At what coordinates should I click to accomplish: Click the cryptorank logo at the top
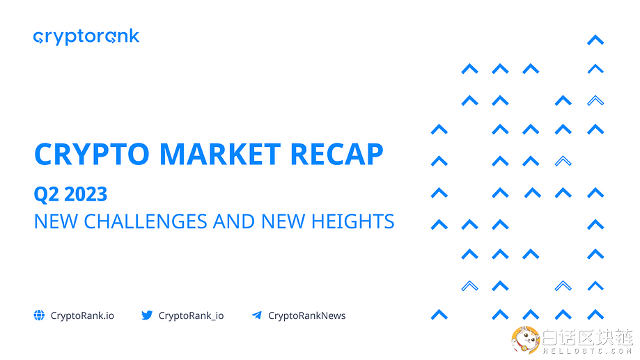86,37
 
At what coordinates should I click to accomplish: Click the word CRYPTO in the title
92,155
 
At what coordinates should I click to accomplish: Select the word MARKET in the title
220,155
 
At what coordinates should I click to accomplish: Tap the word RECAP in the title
337,155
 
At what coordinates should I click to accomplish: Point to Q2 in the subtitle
46,194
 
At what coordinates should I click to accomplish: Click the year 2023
86,194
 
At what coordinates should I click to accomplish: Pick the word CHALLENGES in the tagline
146,221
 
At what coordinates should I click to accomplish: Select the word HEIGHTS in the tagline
352,221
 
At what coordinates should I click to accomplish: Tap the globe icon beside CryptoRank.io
39,315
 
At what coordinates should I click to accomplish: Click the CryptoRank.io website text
82,315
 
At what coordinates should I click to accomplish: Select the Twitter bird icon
147,315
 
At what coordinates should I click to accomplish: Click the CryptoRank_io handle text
191,315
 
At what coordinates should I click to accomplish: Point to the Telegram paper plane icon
257,315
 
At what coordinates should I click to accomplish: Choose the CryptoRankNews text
307,315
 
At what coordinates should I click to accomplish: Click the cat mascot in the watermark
525,339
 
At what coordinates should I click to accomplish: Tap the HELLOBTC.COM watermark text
587,351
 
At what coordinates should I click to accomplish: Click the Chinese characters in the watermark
587,337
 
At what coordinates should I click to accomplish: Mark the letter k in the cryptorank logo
134,36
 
